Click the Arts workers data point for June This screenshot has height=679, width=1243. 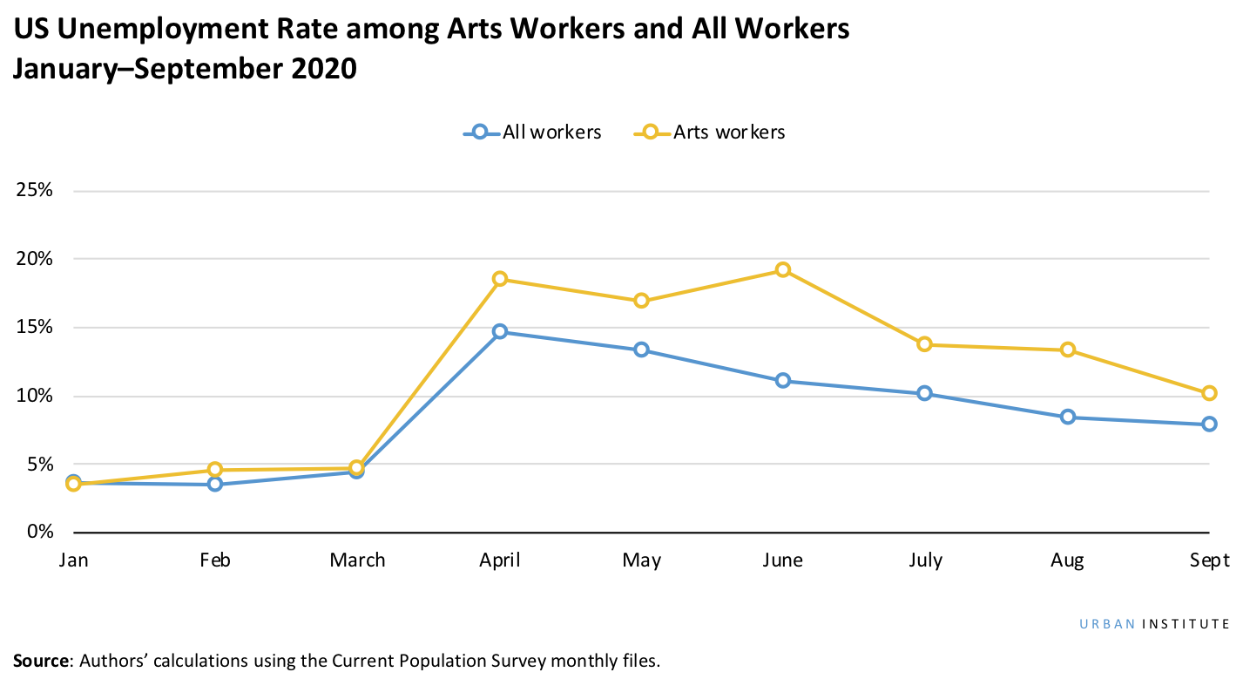(x=783, y=270)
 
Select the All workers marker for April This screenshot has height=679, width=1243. (x=500, y=332)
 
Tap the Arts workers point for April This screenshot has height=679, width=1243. (x=500, y=279)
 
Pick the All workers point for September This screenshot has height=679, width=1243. (x=1209, y=424)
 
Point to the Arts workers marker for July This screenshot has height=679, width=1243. (x=925, y=344)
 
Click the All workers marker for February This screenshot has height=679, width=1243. (x=215, y=484)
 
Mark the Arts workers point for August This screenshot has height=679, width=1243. (x=1067, y=350)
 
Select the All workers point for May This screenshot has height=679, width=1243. (x=641, y=350)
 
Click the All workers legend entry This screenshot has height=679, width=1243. (x=532, y=132)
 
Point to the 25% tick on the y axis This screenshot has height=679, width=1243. (x=35, y=191)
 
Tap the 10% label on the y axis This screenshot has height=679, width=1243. (x=35, y=396)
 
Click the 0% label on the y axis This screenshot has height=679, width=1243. (x=39, y=532)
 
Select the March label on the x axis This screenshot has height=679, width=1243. (x=357, y=560)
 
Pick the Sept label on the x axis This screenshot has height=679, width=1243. (x=1209, y=560)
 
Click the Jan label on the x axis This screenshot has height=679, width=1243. (x=74, y=560)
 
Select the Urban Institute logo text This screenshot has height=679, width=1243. (x=1154, y=624)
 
